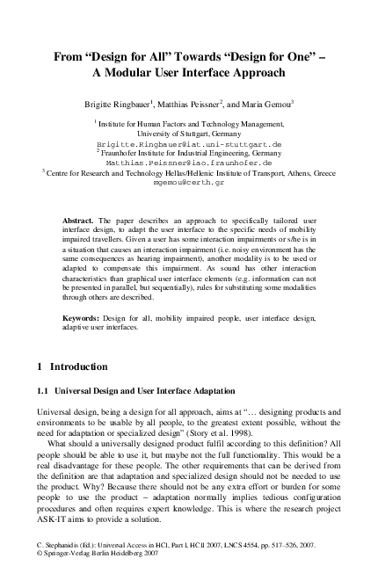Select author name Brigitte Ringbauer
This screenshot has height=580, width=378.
pyautogui.click(x=121, y=104)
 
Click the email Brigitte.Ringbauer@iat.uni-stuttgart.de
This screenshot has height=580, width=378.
pyautogui.click(x=188, y=142)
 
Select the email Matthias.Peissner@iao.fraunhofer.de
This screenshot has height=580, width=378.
pyautogui.click(x=188, y=163)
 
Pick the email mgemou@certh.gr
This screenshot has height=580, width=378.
pyautogui.click(x=188, y=183)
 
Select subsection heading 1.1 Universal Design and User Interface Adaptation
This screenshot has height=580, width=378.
pyautogui.click(x=141, y=389)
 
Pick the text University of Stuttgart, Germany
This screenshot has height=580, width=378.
pyautogui.click(x=188, y=133)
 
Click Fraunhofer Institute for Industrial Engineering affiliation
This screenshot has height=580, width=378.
pyautogui.click(x=188, y=152)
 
